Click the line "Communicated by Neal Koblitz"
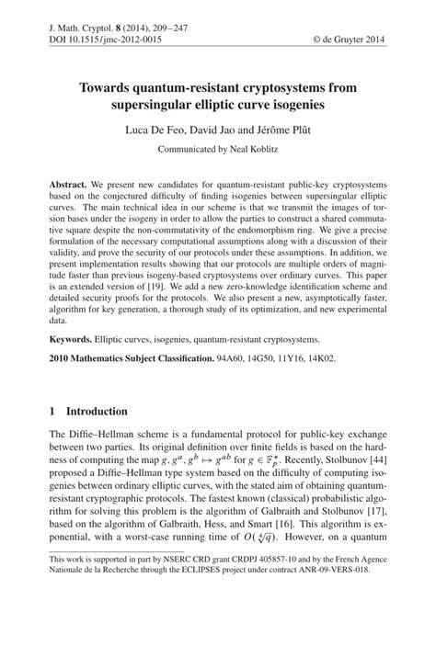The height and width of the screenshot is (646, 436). (x=218, y=149)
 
